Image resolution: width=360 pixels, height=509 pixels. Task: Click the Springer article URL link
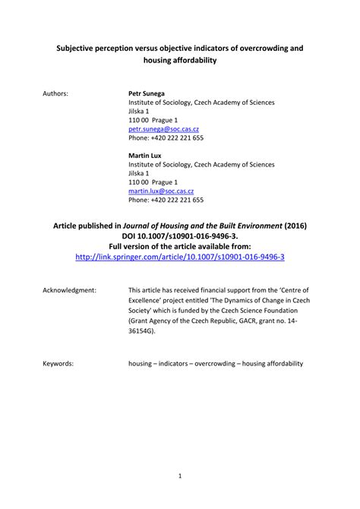click(x=180, y=257)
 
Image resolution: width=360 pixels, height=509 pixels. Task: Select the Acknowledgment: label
click(x=68, y=291)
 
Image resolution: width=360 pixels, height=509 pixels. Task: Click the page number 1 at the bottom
click(x=180, y=476)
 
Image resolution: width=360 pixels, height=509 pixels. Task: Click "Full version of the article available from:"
click(x=180, y=246)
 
